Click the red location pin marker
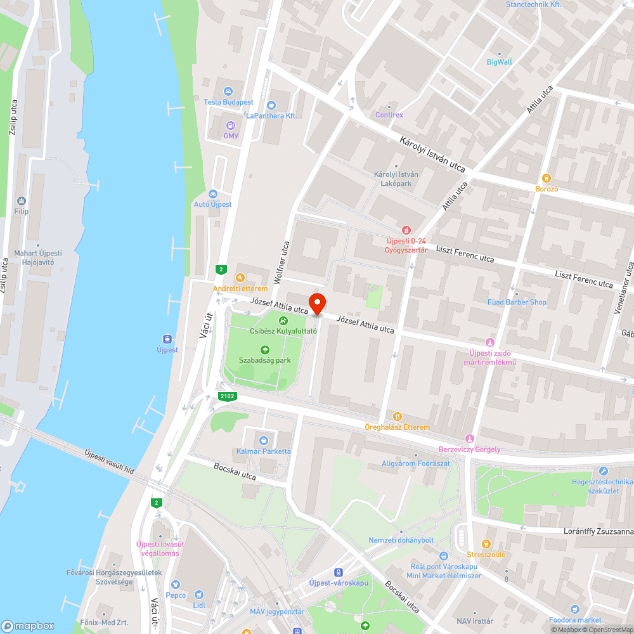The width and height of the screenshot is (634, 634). click(316, 304)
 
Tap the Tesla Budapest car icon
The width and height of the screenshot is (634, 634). click(228, 91)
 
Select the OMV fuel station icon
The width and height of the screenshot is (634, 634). click(230, 125)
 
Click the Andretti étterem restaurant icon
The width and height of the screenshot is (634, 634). click(240, 278)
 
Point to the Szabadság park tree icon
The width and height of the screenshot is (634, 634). click(265, 349)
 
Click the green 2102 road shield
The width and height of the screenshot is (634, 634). click(227, 397)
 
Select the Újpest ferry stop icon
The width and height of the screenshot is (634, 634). click(167, 339)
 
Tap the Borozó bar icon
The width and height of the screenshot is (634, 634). click(547, 178)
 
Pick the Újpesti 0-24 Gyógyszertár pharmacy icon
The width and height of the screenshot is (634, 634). click(407, 230)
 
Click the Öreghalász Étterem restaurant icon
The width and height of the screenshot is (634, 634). click(398, 417)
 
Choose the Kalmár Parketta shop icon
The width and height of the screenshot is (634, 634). click(264, 440)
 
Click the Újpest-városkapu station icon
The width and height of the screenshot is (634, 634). click(339, 572)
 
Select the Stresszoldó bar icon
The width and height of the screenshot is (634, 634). click(486, 543)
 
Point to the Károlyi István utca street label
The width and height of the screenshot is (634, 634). click(432, 155)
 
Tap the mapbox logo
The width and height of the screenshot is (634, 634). click(28, 625)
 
